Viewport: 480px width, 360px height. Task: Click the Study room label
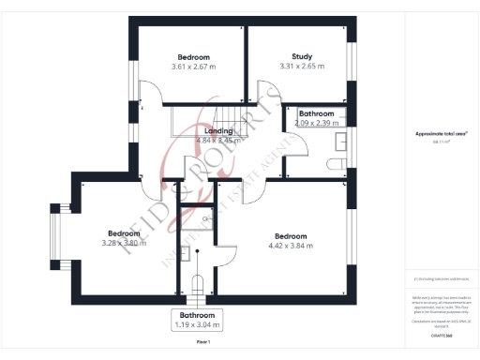point(300,55)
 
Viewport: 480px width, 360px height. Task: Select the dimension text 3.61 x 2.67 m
point(194,67)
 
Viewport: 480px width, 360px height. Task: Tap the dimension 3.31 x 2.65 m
point(300,67)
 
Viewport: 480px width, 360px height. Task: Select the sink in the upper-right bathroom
point(341,140)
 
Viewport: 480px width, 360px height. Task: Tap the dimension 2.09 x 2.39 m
point(316,123)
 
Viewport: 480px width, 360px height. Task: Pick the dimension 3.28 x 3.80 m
point(124,244)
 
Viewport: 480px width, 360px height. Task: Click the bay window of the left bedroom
point(57,236)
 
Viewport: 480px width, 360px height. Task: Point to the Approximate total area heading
point(440,133)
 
